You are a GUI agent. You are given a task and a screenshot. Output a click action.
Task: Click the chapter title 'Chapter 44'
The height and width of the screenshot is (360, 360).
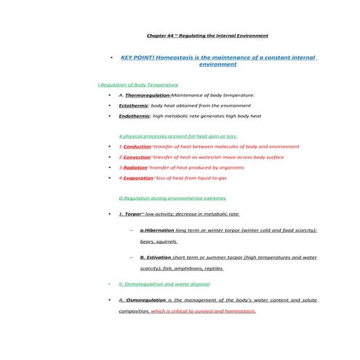click(x=160, y=35)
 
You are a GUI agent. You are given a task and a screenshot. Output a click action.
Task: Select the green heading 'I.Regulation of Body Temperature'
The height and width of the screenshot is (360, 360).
click(x=138, y=84)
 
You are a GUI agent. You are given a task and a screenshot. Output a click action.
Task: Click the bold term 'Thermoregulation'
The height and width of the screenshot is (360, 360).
click(x=148, y=95)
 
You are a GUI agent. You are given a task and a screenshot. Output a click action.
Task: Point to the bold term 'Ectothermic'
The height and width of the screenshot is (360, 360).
click(x=133, y=105)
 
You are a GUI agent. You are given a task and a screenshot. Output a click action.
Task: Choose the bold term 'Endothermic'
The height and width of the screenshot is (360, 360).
click(x=134, y=116)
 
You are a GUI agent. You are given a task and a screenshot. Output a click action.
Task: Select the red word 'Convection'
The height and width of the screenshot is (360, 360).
click(x=137, y=156)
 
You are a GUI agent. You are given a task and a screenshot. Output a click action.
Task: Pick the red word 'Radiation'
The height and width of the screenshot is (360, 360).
click(x=135, y=167)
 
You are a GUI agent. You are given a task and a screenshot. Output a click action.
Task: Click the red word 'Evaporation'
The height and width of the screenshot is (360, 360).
click(x=137, y=177)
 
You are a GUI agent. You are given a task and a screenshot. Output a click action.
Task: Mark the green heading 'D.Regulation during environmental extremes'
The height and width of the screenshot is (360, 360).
click(x=172, y=198)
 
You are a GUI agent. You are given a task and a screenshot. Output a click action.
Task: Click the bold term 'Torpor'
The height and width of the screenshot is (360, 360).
click(x=132, y=214)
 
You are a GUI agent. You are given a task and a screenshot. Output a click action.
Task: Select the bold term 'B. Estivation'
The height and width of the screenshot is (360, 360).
click(x=156, y=257)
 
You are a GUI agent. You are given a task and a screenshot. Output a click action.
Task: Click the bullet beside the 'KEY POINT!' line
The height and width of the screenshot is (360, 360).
click(x=109, y=57)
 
